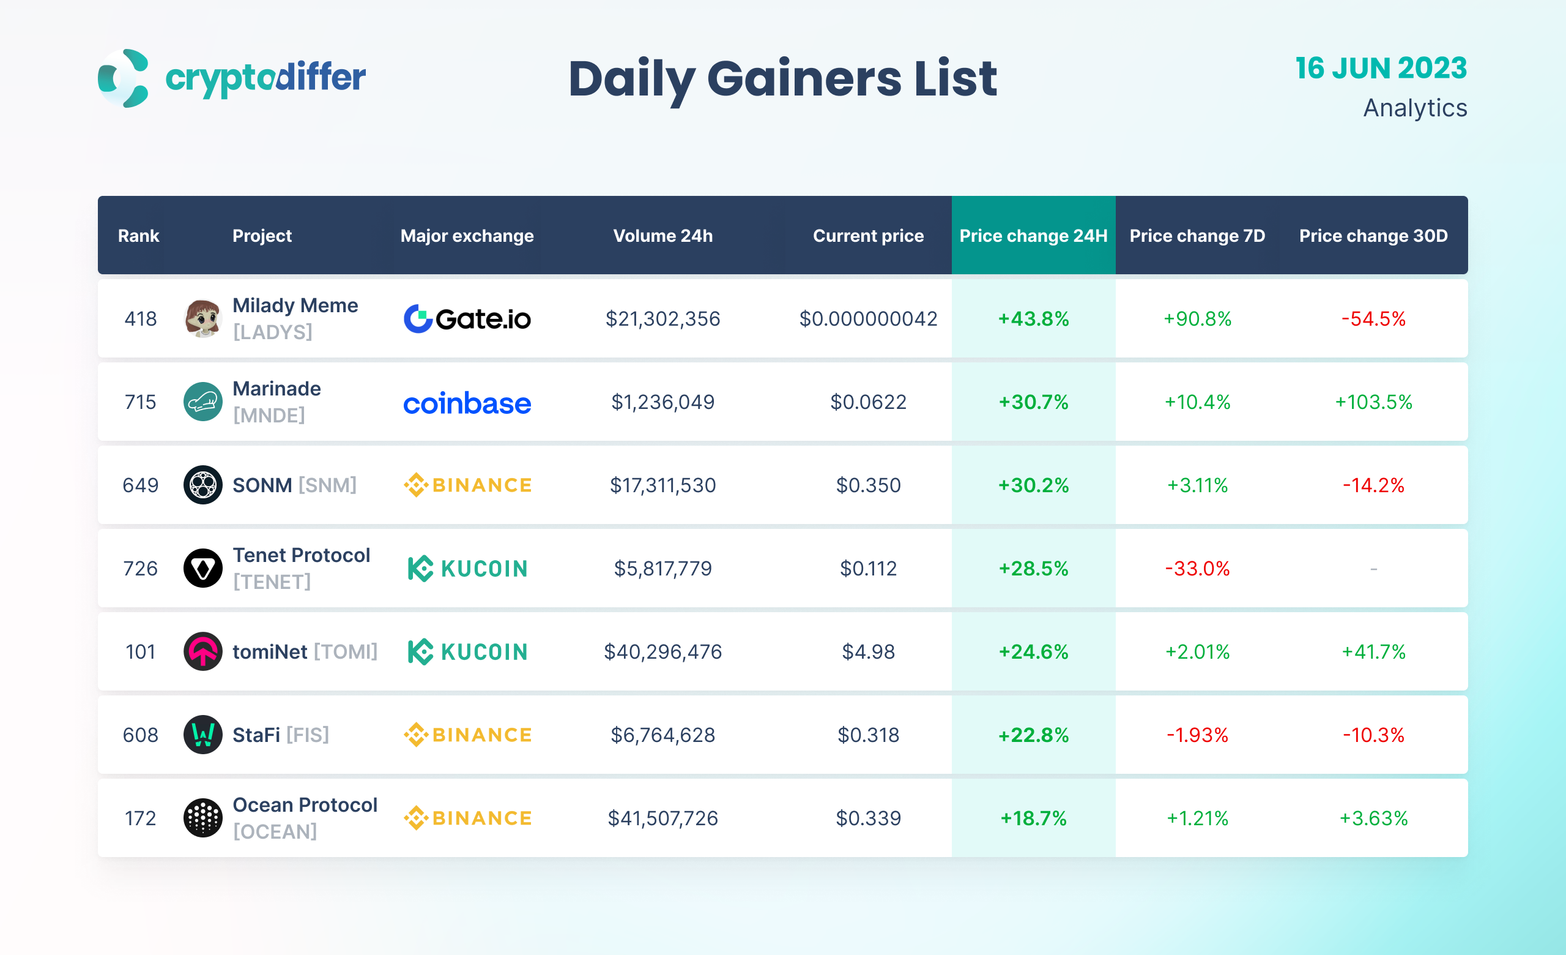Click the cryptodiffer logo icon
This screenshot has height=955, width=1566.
tap(124, 78)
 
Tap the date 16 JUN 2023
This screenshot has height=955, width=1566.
tap(1381, 68)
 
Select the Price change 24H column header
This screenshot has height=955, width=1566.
tap(1033, 236)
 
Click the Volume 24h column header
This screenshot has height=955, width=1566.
tap(662, 236)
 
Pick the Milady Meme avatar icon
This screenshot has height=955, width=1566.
tap(202, 318)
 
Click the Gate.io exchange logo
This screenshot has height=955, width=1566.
tap(467, 318)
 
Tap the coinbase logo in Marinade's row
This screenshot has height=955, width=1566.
tap(467, 403)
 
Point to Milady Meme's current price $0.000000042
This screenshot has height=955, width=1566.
tap(867, 318)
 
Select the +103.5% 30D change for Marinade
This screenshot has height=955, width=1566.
tap(1373, 402)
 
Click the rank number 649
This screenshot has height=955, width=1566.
tap(141, 485)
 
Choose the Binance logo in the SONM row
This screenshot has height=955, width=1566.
tap(467, 485)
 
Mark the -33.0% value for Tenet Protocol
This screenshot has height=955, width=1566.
tap(1197, 569)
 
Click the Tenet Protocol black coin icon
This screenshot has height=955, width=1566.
tap(202, 569)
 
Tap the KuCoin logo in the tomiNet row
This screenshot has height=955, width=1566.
tap(467, 652)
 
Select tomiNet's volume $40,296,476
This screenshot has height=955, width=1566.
tap(662, 652)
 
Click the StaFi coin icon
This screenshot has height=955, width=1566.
tap(202, 735)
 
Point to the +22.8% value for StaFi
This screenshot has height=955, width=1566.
tap(1033, 735)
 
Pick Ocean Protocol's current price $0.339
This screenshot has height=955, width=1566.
tap(867, 818)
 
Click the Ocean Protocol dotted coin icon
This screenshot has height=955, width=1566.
tap(202, 818)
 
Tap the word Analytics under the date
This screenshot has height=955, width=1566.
tap(1415, 108)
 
